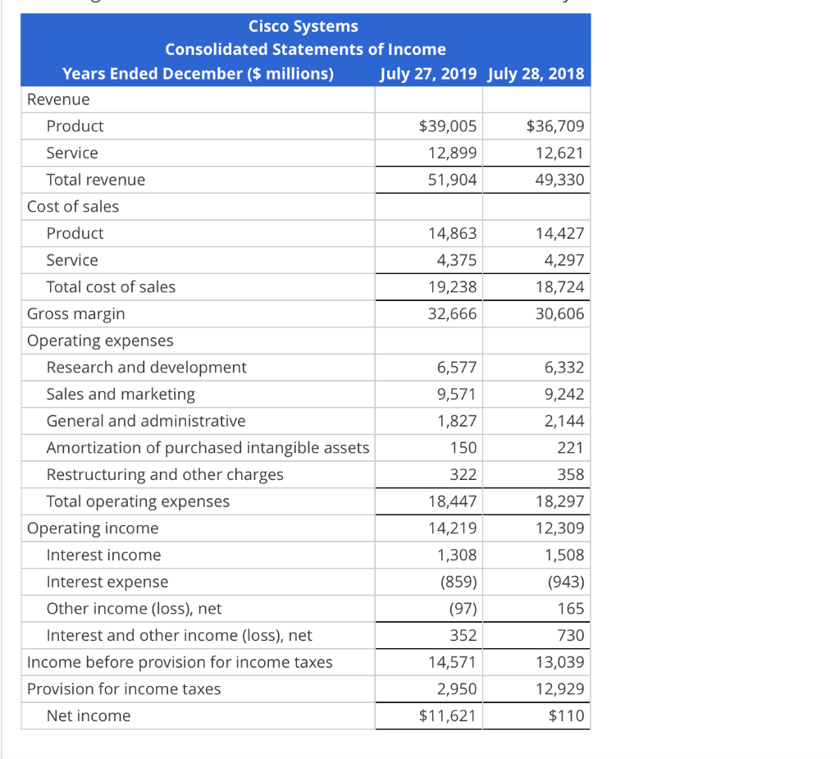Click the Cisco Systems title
click(x=304, y=26)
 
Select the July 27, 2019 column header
click(x=428, y=74)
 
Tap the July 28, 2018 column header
click(x=536, y=74)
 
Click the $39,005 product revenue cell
click(x=447, y=126)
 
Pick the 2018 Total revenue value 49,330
click(x=559, y=180)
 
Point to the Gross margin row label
click(x=76, y=313)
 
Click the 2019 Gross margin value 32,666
click(x=452, y=313)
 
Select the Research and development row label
click(x=146, y=368)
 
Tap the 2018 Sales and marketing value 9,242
click(x=564, y=394)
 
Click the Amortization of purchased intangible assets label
click(x=208, y=448)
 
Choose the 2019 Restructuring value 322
click(x=463, y=474)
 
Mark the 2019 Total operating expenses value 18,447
click(x=452, y=501)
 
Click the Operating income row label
click(x=93, y=528)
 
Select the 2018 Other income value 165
click(x=570, y=609)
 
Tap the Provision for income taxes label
click(x=124, y=689)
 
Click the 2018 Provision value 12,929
click(x=559, y=689)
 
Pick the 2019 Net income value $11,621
click(x=447, y=716)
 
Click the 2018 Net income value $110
click(x=567, y=716)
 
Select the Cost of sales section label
click(x=73, y=207)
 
